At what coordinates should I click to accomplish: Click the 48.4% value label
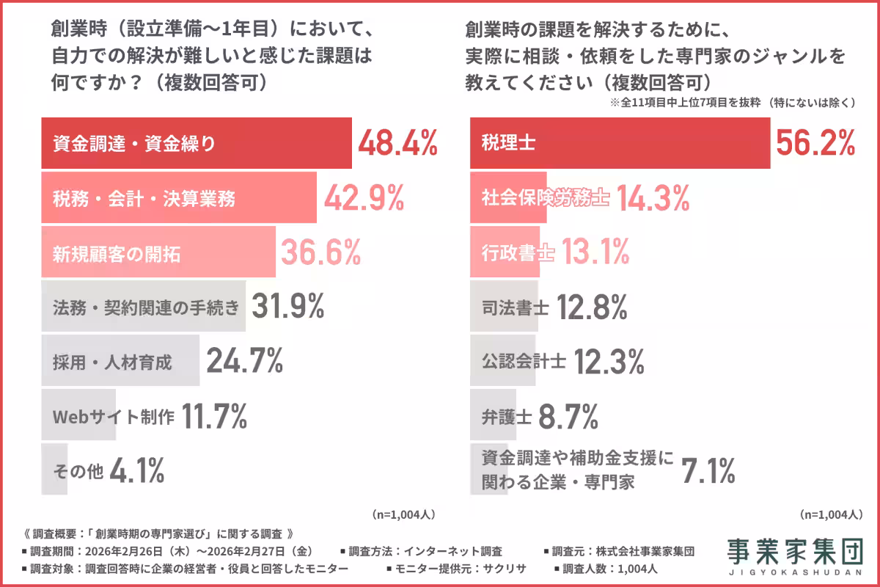pyautogui.click(x=397, y=143)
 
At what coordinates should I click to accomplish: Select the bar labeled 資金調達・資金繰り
pyautogui.click(x=197, y=143)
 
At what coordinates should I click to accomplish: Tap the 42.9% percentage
pyautogui.click(x=364, y=198)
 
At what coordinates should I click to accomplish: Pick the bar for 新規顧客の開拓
pyautogui.click(x=158, y=253)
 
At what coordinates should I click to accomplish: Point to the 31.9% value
pyautogui.click(x=287, y=307)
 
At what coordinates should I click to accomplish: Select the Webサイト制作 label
pyautogui.click(x=114, y=417)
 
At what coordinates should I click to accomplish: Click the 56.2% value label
pyautogui.click(x=815, y=143)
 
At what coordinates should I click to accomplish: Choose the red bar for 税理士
pyautogui.click(x=620, y=143)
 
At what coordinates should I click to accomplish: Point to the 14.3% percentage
pyautogui.click(x=653, y=198)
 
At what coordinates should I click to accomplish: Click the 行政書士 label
pyautogui.click(x=517, y=253)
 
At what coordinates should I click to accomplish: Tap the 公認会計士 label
pyautogui.click(x=524, y=362)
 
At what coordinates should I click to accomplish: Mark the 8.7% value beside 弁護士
pyautogui.click(x=568, y=417)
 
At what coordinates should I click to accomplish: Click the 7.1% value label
pyautogui.click(x=708, y=470)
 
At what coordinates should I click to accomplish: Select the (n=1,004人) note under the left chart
pyautogui.click(x=404, y=514)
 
